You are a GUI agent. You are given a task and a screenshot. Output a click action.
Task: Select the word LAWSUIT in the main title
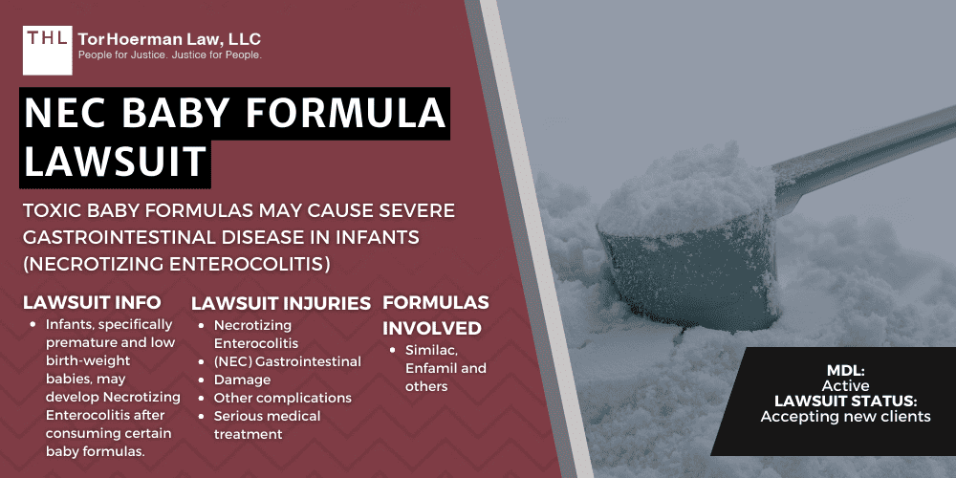[x=114, y=161]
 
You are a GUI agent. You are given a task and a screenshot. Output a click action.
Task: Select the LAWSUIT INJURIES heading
[x=281, y=303]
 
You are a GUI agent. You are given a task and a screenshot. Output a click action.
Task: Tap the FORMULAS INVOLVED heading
[x=436, y=315]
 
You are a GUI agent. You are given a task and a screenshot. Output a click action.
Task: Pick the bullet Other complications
[x=282, y=398]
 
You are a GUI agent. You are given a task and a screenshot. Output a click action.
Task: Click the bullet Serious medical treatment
[x=267, y=424]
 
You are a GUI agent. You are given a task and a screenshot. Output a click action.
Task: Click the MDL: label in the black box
[x=845, y=370]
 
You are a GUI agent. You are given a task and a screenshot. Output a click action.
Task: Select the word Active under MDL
[x=845, y=385]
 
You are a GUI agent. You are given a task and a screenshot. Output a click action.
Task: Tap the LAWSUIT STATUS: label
[x=845, y=402]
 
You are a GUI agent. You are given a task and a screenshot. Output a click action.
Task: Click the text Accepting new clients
[x=845, y=417]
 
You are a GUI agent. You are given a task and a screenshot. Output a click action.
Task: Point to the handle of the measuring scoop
[x=860, y=142]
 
